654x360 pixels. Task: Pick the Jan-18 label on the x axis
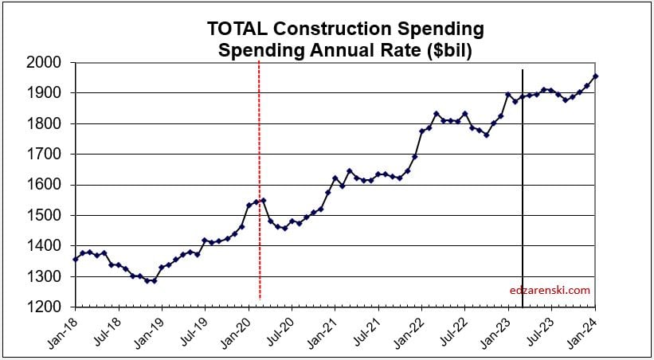(x=61, y=328)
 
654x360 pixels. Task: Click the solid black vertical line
(x=523, y=199)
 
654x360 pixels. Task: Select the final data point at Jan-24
(x=596, y=76)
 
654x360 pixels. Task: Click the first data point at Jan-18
(x=76, y=259)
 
